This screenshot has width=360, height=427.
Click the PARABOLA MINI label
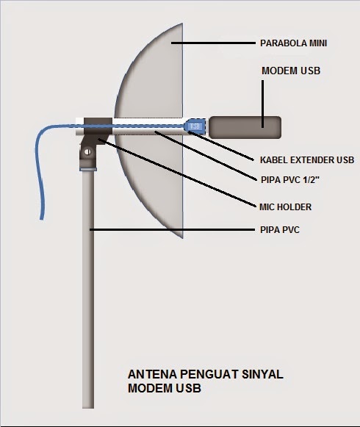294,43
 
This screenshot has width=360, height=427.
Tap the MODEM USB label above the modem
291,71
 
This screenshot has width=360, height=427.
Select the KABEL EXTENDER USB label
307,160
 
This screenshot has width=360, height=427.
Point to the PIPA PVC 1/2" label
289,180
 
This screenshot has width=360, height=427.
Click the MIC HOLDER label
285,207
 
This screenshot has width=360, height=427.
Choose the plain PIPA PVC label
280,230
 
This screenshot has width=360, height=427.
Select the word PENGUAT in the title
205,374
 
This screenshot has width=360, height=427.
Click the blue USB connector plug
195,126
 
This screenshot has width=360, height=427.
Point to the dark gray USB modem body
245,127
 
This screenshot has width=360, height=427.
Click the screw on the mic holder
87,152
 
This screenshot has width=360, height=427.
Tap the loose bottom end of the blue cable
42,218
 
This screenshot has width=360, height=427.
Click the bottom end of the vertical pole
88,407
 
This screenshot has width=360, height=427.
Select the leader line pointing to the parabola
213,43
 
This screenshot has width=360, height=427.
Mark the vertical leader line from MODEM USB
262,104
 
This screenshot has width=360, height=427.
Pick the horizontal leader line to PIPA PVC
172,230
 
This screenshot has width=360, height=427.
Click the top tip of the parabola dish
182,24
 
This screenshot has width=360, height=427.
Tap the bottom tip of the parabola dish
182,237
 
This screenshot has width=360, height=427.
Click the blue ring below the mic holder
88,169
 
